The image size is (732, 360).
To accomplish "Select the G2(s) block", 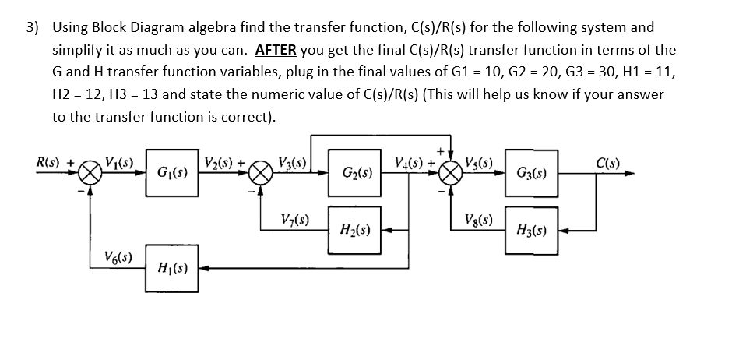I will click(x=355, y=172).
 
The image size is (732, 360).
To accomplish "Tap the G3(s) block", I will click(x=530, y=172).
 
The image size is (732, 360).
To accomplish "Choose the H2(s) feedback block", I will click(x=355, y=231).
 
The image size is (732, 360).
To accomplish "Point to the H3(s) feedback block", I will click(x=530, y=231).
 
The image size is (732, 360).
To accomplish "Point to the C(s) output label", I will click(x=607, y=163).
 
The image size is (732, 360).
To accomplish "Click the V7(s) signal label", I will click(x=294, y=221).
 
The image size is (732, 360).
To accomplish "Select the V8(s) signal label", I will click(x=478, y=221).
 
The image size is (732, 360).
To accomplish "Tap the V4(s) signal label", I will click(x=409, y=163).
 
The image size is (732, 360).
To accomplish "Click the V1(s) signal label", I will click(x=118, y=163).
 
